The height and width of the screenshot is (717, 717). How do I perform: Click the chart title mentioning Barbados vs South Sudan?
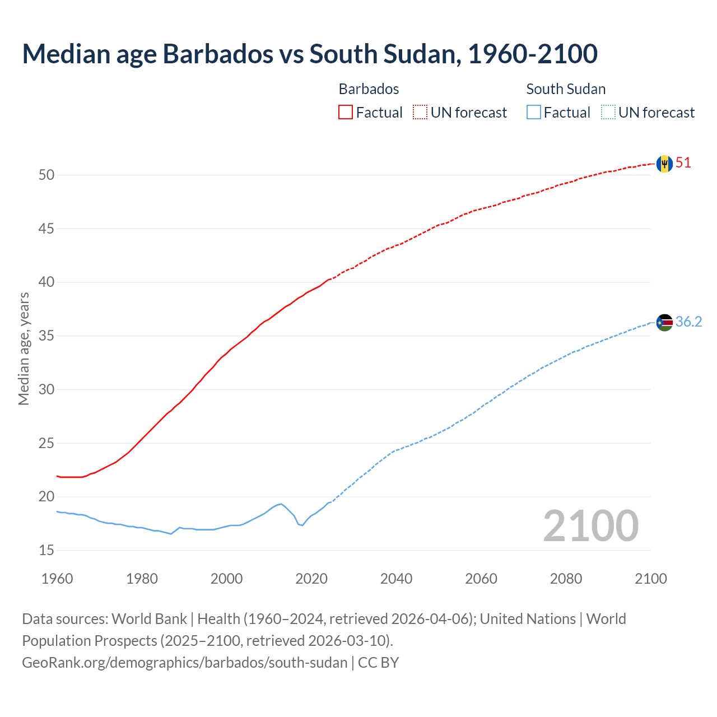pos(310,54)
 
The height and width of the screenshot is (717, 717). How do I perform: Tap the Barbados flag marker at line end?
pos(664,164)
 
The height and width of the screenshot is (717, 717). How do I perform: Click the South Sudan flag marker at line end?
pos(664,322)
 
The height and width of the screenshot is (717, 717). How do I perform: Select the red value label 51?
pos(683,163)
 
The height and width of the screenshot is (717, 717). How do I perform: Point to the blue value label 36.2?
pos(688,322)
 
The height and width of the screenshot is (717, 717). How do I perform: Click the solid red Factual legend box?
pos(346,113)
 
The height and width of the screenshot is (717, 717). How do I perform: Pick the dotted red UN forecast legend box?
pos(420,113)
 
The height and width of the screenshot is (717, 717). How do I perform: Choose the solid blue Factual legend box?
pos(533,113)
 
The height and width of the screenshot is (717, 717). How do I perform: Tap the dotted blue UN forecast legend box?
pos(608,113)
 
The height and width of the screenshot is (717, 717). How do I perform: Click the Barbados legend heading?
pos(369,89)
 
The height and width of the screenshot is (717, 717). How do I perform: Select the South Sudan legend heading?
pos(566,89)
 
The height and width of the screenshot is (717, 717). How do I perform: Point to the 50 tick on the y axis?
pos(46,175)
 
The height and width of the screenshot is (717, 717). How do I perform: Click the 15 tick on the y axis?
pos(46,551)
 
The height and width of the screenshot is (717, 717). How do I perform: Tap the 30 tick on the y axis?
pos(46,389)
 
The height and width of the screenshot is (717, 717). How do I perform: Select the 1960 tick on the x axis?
pos(57,579)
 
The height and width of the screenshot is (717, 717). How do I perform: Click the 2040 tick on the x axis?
pos(396,579)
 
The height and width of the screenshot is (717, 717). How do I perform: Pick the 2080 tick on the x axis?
pos(566,579)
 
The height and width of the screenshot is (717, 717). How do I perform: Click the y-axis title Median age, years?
pos(24,348)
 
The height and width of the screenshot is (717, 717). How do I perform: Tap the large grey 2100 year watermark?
pos(590,525)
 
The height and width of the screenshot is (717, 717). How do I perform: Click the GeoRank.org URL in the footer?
pos(185,663)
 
